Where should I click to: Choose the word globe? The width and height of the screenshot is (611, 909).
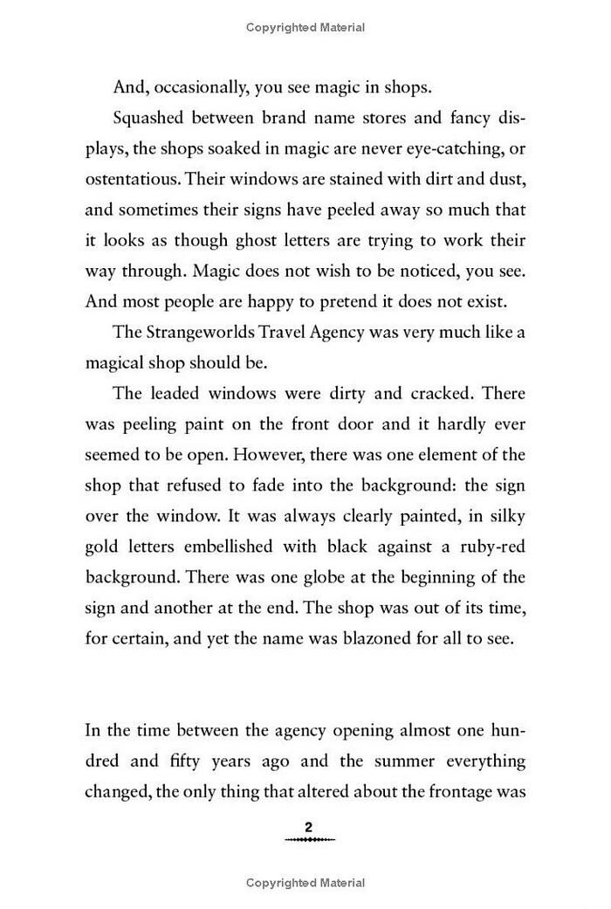[318, 576]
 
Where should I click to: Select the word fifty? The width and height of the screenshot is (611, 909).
[180, 761]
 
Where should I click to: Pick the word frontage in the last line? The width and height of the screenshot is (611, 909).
[442, 791]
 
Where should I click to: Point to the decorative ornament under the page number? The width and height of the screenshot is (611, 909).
[308, 839]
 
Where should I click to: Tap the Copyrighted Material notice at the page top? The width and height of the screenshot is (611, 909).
[305, 28]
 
